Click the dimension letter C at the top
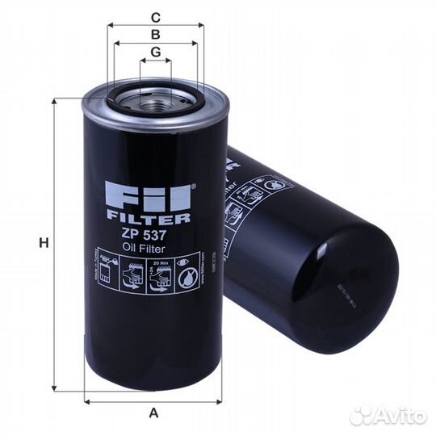pyautogui.click(x=156, y=16)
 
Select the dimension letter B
pyautogui.click(x=156, y=35)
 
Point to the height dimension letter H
pyautogui.click(x=45, y=243)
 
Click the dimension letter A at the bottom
pyautogui.click(x=153, y=413)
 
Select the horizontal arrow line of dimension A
pyautogui.click(x=153, y=400)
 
